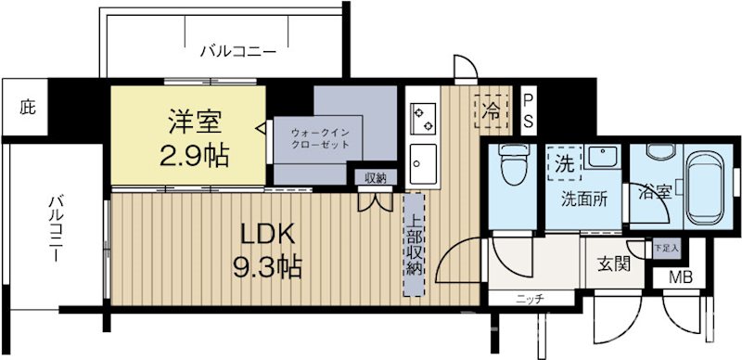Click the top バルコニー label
click(x=237, y=52)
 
